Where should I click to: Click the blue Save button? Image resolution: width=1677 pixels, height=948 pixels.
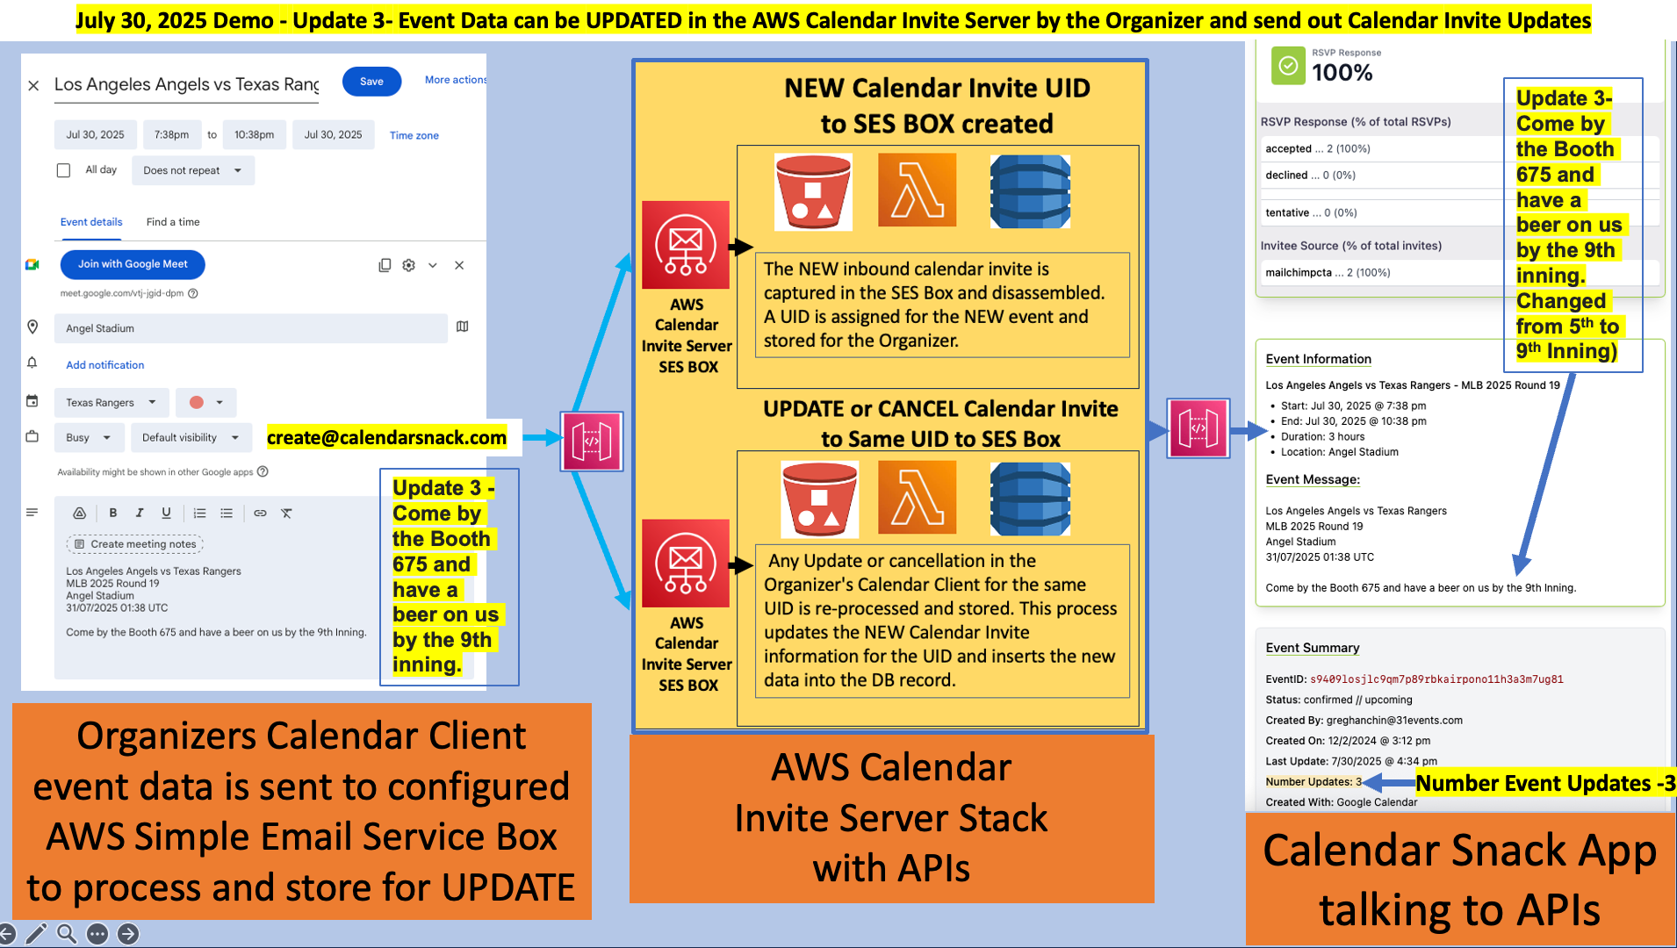pos(371,82)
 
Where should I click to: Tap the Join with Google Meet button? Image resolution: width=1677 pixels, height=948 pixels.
pos(133,264)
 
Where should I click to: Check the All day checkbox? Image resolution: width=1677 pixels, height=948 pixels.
pos(63,170)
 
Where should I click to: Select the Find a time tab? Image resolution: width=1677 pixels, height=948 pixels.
pos(173,222)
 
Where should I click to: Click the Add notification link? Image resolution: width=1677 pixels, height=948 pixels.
pos(104,365)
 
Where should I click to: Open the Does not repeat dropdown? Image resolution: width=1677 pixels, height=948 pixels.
pos(192,170)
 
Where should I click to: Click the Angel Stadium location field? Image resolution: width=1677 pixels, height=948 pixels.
pos(250,328)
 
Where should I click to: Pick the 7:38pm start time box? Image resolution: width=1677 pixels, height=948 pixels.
pos(171,135)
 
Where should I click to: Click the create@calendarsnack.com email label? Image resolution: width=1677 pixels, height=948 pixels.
pos(386,437)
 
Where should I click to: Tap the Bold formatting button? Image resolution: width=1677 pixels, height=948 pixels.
pos(112,513)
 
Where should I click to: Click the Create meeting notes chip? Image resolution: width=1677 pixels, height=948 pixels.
pos(134,544)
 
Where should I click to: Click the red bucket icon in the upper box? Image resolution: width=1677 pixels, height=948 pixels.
pos(813,191)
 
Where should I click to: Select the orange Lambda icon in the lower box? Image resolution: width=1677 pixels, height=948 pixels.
pos(917,499)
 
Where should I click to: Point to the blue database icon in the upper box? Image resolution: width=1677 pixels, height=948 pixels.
pos(1030,191)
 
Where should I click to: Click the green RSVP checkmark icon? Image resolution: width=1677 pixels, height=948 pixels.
pos(1288,66)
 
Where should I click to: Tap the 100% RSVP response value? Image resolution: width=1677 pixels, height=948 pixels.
pos(1342,73)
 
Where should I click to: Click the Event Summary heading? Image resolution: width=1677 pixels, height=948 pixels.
pos(1312,648)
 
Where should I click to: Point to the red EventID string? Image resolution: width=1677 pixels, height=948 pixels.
pos(1436,679)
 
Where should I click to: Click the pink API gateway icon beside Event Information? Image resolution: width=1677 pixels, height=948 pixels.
pos(1198,428)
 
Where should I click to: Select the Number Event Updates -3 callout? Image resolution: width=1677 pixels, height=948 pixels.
pos(1544,783)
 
